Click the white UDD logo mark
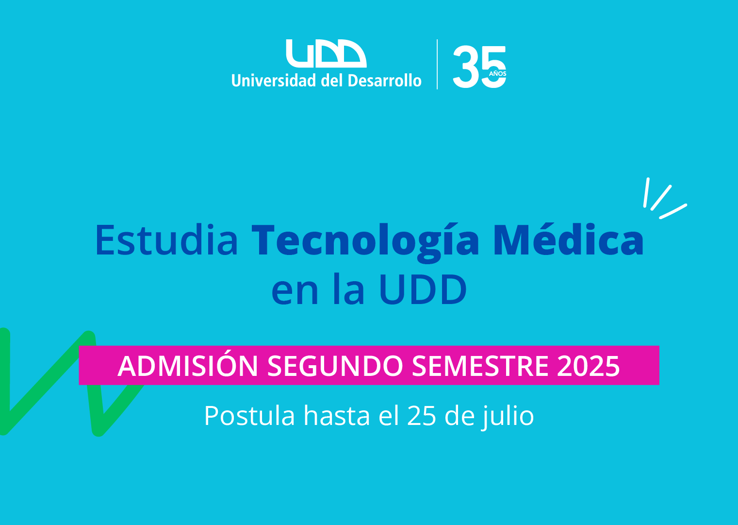click(x=326, y=53)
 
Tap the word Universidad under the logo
click(x=274, y=80)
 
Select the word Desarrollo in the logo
click(x=384, y=80)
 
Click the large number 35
click(x=479, y=67)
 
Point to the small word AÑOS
click(x=497, y=73)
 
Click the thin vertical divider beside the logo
click(x=437, y=64)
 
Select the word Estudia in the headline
click(x=166, y=240)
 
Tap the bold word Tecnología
click(x=365, y=243)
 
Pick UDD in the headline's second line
click(x=423, y=289)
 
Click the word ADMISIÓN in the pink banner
click(x=188, y=366)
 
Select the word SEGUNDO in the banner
click(x=335, y=366)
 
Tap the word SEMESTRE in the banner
click(x=480, y=366)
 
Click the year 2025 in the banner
click(x=589, y=366)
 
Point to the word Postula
click(x=249, y=416)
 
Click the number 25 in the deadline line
click(x=422, y=416)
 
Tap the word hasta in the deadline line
click(x=337, y=416)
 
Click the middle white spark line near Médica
click(x=661, y=198)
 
